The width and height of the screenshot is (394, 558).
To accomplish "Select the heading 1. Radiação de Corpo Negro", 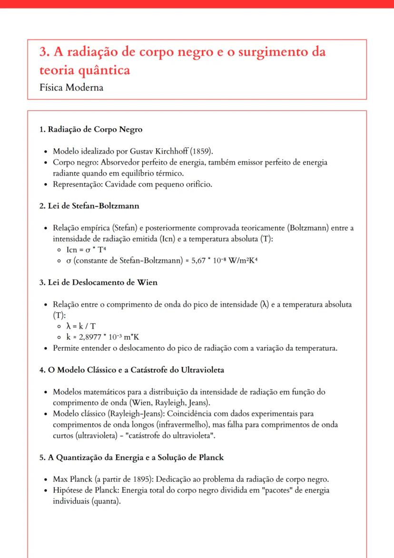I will pyautogui.click(x=90, y=130).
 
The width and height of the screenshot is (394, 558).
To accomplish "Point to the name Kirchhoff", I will pyautogui.click(x=170, y=152).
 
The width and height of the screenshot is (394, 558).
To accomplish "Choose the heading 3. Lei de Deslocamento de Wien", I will pyautogui.click(x=98, y=282).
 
